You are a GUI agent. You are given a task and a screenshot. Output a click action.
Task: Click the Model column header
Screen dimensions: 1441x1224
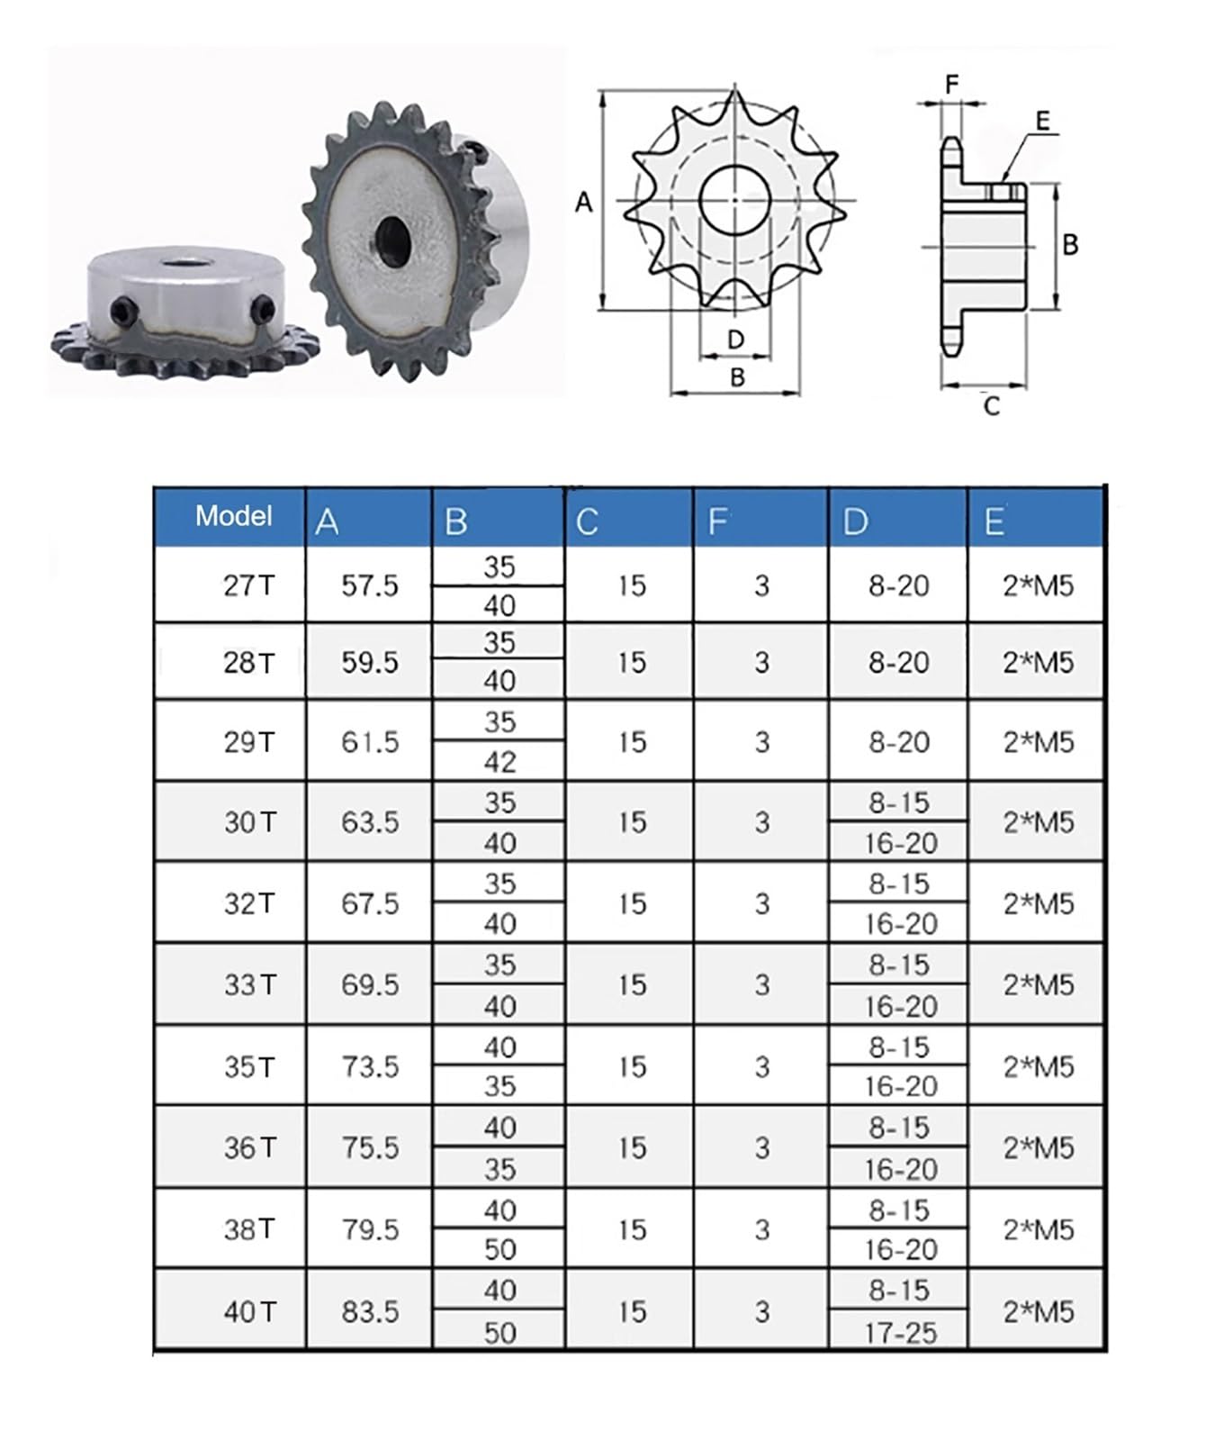click(233, 516)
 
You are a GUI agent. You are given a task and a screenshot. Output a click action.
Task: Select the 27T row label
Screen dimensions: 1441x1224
click(248, 585)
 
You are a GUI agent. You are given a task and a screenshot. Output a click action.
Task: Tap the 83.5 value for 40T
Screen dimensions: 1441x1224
click(369, 1311)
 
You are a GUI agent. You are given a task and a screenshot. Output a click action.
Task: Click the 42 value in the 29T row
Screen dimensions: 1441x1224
click(499, 762)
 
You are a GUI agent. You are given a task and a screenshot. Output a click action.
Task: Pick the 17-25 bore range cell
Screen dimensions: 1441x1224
click(900, 1332)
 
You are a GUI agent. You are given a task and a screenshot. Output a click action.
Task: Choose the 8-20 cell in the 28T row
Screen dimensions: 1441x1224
click(898, 662)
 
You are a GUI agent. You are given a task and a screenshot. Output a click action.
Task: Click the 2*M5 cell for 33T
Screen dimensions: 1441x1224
click(1038, 984)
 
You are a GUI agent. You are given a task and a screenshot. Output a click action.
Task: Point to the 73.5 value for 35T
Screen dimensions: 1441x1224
click(369, 1066)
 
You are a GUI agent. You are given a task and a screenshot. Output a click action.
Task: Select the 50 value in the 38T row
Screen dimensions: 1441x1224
click(499, 1250)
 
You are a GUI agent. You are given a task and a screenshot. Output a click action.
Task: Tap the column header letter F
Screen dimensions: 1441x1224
click(717, 521)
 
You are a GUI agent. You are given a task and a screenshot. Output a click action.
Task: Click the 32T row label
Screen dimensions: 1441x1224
click(248, 903)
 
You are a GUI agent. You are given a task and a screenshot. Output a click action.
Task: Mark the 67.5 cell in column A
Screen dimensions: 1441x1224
click(369, 903)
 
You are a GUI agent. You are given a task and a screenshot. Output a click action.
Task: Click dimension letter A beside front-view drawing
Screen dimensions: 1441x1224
click(584, 203)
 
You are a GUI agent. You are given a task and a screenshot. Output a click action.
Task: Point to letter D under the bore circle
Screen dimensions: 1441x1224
click(735, 340)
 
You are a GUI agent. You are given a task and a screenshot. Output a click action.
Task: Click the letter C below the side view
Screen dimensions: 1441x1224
click(991, 407)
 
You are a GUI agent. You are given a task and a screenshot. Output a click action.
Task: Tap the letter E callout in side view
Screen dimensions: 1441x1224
click(1042, 121)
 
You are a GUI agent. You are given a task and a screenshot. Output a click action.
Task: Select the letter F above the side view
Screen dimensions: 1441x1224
click(952, 85)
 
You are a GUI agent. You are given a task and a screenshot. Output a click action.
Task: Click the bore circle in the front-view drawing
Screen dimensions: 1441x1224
click(734, 199)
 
